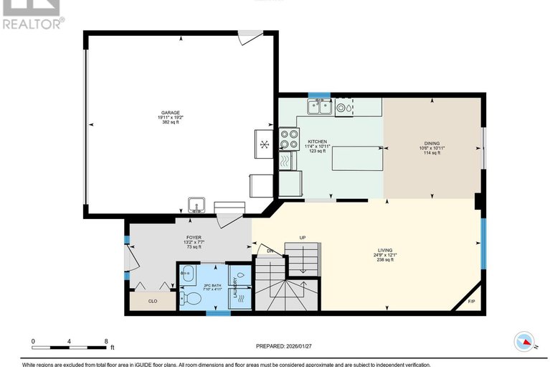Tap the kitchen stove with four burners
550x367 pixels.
(x=288, y=138)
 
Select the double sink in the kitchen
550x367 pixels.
(x=319, y=108)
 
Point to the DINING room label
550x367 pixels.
(x=432, y=144)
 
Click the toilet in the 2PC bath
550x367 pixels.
(x=191, y=298)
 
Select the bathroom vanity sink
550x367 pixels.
(x=186, y=273)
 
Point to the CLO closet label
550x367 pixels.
(x=152, y=301)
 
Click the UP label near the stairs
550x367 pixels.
(x=303, y=238)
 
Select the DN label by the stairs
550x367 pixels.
(x=270, y=251)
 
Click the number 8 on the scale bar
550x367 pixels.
(x=106, y=341)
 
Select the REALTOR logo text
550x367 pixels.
(x=32, y=23)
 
